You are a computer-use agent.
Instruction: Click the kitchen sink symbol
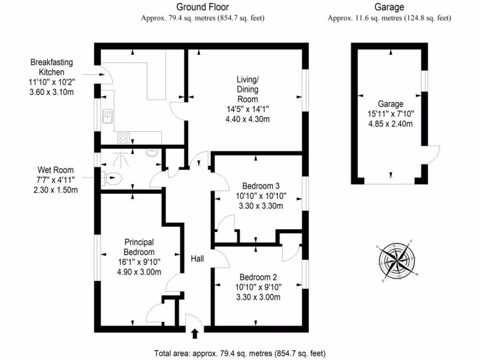click(107, 116)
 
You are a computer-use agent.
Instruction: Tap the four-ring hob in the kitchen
click(123, 138)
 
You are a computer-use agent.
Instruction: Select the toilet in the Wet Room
click(112, 178)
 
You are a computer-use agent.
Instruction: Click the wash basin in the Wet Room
click(152, 152)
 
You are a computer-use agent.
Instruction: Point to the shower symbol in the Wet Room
click(120, 159)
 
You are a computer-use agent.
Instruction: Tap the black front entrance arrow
click(195, 333)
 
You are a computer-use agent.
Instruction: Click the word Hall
click(197, 259)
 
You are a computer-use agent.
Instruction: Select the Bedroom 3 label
click(261, 186)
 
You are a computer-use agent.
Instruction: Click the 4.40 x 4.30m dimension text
click(247, 119)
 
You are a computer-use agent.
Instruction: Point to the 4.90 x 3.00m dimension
click(139, 272)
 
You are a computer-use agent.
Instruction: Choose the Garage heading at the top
click(390, 7)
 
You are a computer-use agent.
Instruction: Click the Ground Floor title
click(202, 7)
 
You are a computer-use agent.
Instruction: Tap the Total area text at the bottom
click(240, 353)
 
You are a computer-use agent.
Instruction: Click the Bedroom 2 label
click(258, 277)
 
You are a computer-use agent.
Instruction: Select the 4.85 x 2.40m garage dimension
click(390, 124)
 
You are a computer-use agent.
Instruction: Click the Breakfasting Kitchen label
click(52, 67)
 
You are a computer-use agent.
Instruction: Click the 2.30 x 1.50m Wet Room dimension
click(56, 190)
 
